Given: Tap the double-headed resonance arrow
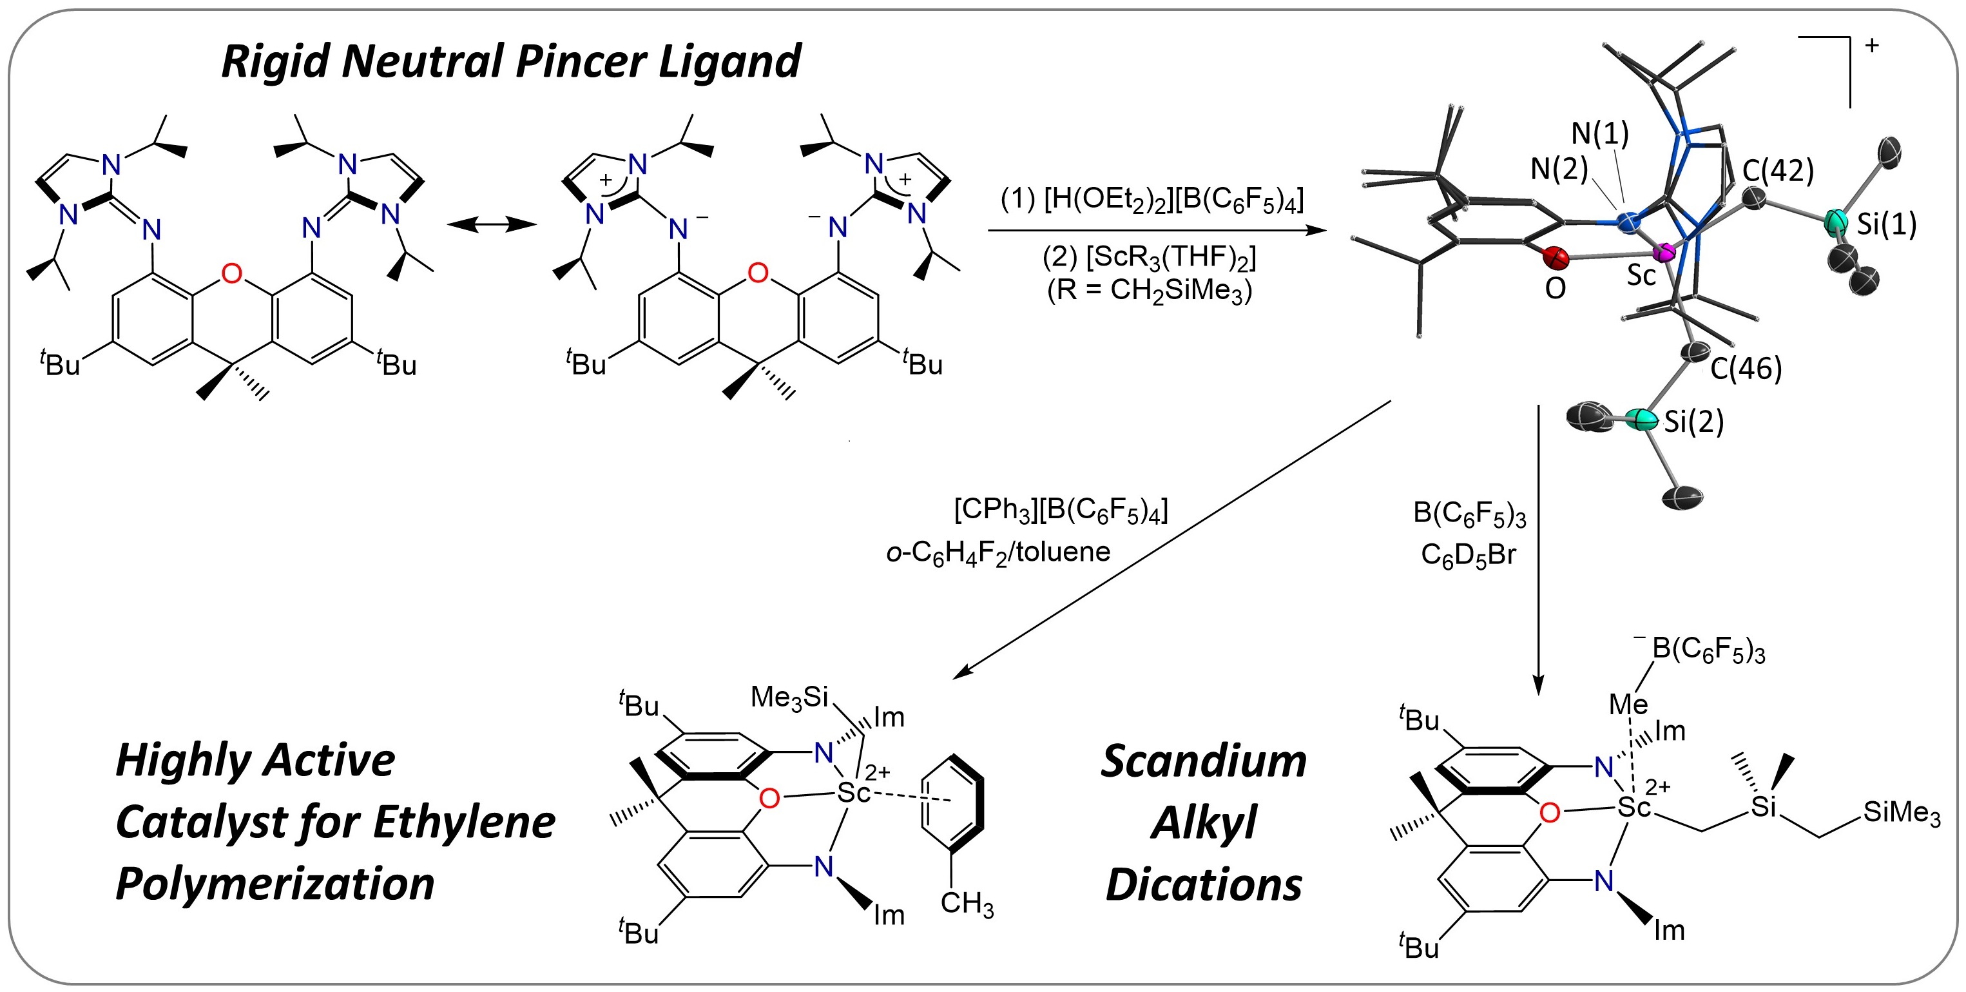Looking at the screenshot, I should point(492,224).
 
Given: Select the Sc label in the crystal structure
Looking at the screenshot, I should point(1641,275).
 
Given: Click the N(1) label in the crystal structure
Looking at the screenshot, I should point(1599,133).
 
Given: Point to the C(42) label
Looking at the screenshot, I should point(1778,171).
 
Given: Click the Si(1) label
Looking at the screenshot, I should point(1887,224).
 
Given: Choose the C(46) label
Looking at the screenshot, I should point(1746,369).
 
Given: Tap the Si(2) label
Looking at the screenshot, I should point(1693,422).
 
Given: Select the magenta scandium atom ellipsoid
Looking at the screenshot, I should point(1664,251).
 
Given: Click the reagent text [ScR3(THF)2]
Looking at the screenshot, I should point(1150,258).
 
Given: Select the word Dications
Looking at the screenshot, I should point(1204,885).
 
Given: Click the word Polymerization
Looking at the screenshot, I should point(275,884).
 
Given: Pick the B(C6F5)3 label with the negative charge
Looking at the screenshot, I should point(1706,650).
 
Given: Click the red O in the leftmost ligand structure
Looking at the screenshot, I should point(231,273).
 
